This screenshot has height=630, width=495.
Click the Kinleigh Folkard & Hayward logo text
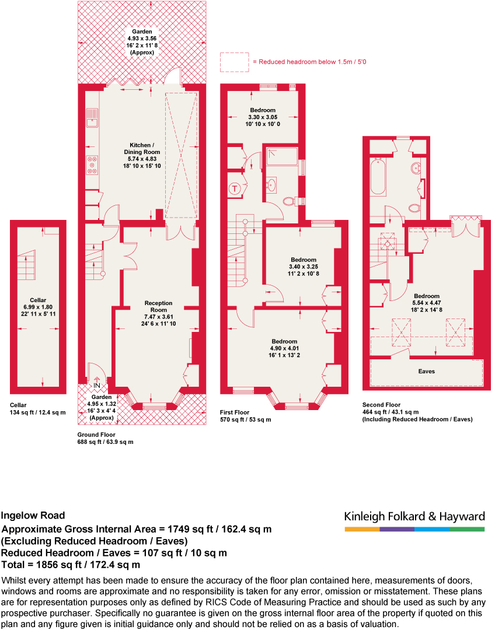pyautogui.click(x=414, y=517)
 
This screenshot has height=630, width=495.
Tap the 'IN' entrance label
pyautogui.click(x=96, y=386)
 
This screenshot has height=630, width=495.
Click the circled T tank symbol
pyautogui.click(x=235, y=188)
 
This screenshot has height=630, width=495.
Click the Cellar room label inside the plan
pyautogui.click(x=38, y=307)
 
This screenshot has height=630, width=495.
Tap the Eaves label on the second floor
pyautogui.click(x=426, y=371)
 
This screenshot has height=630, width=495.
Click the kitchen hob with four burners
pyautogui.click(x=92, y=164)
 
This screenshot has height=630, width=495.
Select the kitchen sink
pyautogui.click(x=92, y=118)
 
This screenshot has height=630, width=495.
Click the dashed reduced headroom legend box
pyautogui.click(x=234, y=62)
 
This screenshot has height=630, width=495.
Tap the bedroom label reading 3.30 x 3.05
pyautogui.click(x=263, y=117)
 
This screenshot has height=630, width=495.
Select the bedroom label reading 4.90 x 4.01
pyautogui.click(x=284, y=348)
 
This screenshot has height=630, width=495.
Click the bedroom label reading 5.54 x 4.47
pyautogui.click(x=427, y=303)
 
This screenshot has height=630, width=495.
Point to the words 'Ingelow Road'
pyautogui.click(x=33, y=516)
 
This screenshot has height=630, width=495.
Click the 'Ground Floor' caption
pyautogui.click(x=97, y=435)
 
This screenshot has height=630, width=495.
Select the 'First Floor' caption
pyautogui.click(x=236, y=412)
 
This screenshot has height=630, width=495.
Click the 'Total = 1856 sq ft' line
pyautogui.click(x=71, y=565)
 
